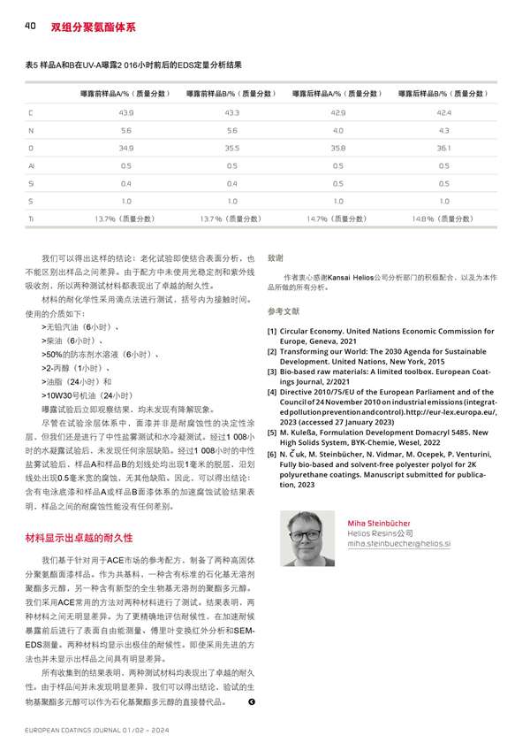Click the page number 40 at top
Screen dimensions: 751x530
click(29, 27)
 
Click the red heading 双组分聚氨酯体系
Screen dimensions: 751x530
click(93, 27)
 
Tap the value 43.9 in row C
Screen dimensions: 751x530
click(125, 112)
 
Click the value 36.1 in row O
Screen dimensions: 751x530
click(443, 147)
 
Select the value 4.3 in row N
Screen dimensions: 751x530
click(443, 130)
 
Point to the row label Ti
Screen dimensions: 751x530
click(31, 217)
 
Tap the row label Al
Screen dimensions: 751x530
click(31, 165)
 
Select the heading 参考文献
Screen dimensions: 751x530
click(283, 311)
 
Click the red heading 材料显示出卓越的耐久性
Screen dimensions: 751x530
click(79, 537)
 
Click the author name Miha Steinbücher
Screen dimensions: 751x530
click(380, 523)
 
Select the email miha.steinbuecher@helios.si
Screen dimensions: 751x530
click(399, 544)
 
